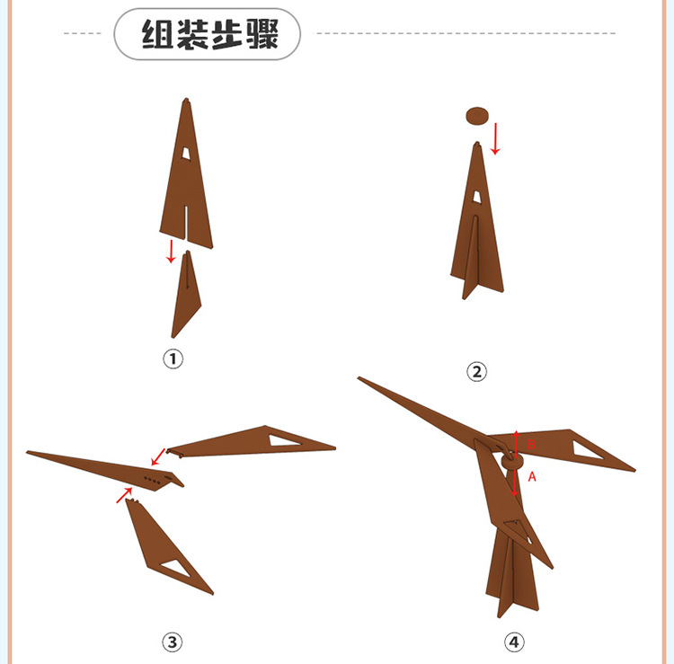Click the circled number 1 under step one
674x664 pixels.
click(173, 359)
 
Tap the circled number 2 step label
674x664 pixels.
click(476, 371)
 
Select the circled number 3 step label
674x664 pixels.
click(172, 642)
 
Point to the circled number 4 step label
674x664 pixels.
click(513, 642)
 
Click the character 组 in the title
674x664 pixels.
click(159, 34)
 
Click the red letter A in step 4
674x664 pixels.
click(532, 477)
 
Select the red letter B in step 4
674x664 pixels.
click(530, 445)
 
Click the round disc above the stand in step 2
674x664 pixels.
click(476, 115)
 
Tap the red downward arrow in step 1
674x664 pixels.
click(171, 251)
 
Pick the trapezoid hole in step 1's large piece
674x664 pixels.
click(186, 153)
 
